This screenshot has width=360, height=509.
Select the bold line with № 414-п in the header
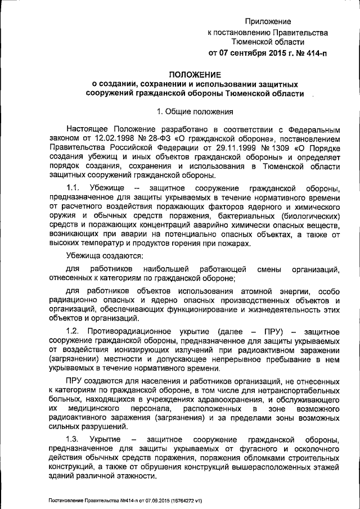tap(268, 53)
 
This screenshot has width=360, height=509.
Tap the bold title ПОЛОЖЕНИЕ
tap(195, 74)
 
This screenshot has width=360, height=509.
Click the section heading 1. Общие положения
tap(195, 111)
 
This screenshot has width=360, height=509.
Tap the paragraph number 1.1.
tap(75, 187)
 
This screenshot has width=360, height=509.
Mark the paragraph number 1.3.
tap(75, 438)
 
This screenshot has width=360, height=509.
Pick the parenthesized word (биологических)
tap(306, 215)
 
